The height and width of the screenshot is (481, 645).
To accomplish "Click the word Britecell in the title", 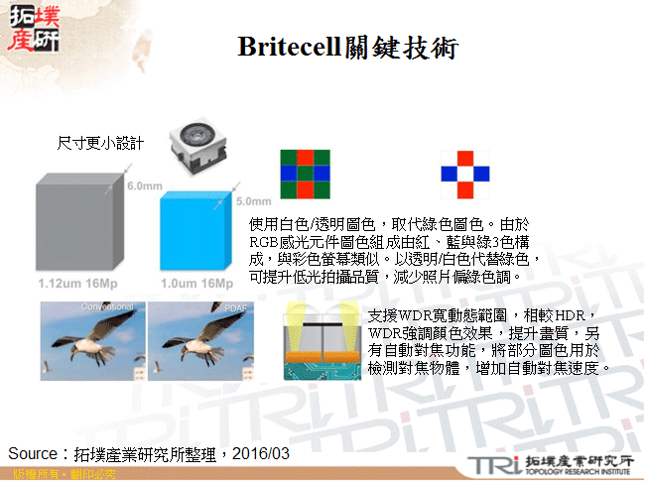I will [289, 47].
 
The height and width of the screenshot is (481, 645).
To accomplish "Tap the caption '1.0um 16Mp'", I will [202, 284].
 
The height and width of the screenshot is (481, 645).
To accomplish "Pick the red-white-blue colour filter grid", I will [464, 175].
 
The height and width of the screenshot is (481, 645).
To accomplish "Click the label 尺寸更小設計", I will [100, 143].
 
